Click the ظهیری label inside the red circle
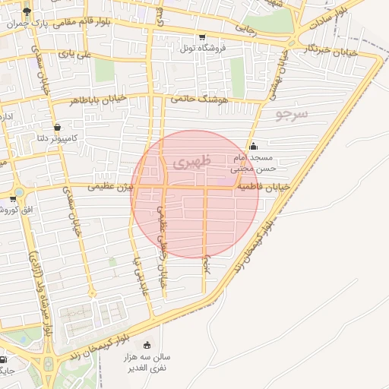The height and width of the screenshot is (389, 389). [x=189, y=162]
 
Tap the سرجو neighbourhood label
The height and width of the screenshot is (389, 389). [x=291, y=115]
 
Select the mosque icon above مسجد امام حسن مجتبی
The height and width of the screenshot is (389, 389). [x=253, y=146]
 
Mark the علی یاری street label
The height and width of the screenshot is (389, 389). [x=79, y=55]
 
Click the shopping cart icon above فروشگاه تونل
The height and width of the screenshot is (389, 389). [x=201, y=37]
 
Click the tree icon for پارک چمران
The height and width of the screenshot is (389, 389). [x=28, y=11]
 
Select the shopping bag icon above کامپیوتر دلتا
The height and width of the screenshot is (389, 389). [x=57, y=127]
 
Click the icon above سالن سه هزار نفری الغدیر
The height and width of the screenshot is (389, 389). [x=147, y=345]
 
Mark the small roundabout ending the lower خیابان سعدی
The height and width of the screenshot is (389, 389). [x=92, y=294]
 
